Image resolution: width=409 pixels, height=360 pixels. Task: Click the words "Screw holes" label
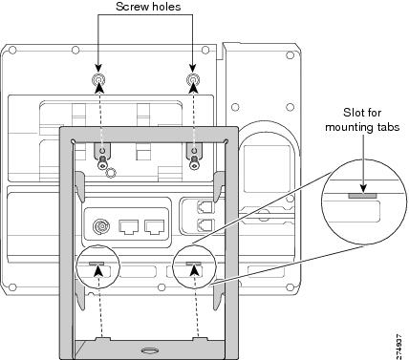coord(148,7)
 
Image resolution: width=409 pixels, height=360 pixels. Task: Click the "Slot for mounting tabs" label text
coord(362,119)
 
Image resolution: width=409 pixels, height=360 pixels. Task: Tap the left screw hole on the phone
coord(98,79)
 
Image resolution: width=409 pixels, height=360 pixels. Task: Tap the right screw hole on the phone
coord(193,79)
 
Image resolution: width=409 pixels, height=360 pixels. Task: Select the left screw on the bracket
coord(101,161)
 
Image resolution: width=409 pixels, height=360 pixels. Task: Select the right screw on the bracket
coord(193,161)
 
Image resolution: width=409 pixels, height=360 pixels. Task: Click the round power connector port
coord(101,226)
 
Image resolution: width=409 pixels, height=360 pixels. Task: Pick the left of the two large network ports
coord(129,226)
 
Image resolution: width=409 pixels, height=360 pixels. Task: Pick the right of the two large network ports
coord(155,226)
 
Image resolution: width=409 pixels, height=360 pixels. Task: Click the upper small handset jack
coord(205,207)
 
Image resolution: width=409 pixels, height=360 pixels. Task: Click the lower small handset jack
coord(205,225)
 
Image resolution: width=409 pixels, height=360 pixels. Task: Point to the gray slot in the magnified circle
coord(362,196)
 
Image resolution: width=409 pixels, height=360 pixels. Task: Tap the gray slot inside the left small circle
coord(97,264)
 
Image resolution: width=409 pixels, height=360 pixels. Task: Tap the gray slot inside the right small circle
coord(194,264)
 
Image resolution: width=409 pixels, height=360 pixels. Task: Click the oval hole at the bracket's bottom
coord(149,350)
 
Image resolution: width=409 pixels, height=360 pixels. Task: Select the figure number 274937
coord(399,346)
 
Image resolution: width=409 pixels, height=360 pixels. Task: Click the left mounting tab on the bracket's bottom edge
coord(101,339)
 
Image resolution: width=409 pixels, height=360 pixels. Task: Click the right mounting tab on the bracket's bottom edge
coord(199,339)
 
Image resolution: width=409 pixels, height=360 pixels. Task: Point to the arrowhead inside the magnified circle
coord(363,189)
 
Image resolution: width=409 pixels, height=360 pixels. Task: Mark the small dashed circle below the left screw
coord(111,173)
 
